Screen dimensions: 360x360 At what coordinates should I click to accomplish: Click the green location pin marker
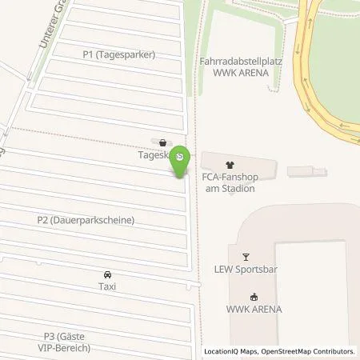click(182, 159)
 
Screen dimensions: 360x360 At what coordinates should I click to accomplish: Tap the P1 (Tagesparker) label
click(119, 54)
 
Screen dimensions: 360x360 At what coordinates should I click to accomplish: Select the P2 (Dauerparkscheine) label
click(85, 219)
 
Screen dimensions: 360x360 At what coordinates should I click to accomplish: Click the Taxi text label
click(106, 286)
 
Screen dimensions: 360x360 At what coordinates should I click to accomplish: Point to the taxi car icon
click(106, 273)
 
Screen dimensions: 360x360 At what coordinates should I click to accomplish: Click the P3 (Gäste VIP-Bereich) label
click(67, 342)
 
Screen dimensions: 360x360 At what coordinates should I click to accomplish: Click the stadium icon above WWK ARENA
click(255, 296)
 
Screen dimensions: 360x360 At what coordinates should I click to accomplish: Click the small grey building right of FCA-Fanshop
click(307, 171)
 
